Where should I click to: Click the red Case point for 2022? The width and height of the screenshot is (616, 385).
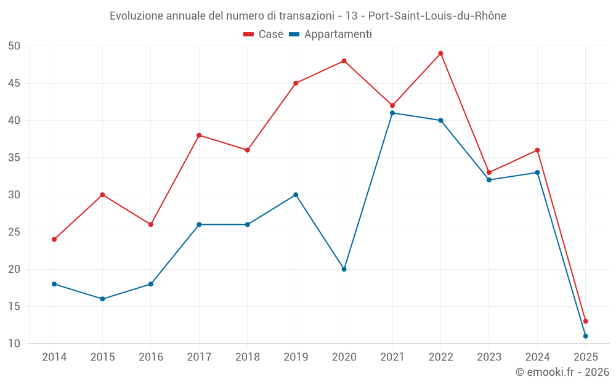point(440,54)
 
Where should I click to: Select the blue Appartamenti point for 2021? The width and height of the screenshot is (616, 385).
point(392,113)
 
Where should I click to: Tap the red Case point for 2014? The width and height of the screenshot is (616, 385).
point(54,240)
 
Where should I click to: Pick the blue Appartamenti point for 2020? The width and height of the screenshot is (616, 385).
point(344,269)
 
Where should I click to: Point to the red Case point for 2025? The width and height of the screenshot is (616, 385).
point(585,321)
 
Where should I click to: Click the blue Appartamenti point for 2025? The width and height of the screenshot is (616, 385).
point(585,336)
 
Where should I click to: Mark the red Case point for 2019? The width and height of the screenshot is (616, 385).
point(296,83)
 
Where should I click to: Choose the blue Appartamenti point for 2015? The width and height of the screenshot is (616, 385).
point(102,299)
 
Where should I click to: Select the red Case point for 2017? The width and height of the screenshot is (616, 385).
point(199,136)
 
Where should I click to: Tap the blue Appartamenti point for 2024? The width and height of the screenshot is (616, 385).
point(537,172)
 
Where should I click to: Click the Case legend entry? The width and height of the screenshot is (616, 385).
point(264,34)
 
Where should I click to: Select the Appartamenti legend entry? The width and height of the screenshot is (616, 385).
point(331,34)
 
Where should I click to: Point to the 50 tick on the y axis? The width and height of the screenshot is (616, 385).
point(14,46)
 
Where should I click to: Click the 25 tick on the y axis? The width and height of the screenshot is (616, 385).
point(14,232)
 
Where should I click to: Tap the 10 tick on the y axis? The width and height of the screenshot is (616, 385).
point(14,344)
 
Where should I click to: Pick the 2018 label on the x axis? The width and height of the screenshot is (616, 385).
point(247,357)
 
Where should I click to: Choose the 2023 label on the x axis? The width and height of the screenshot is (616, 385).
point(489,357)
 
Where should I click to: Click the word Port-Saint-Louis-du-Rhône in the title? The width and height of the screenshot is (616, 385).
point(437,16)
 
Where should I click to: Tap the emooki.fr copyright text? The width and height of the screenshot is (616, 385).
point(562,372)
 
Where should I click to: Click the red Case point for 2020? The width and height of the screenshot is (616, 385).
point(344,61)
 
